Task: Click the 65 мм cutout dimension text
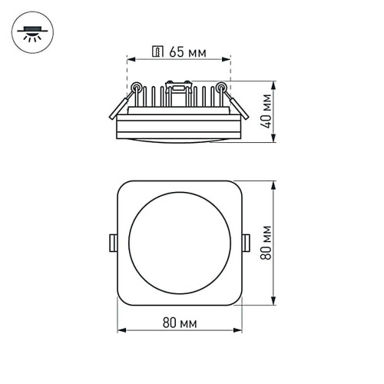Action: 187,53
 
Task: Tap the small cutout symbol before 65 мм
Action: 158,53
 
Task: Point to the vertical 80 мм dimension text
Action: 266,242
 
